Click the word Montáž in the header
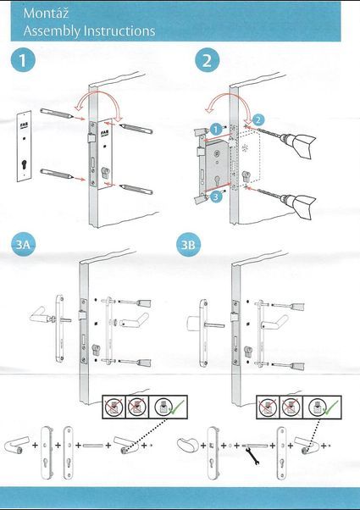(x=46, y=13)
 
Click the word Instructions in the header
(x=119, y=30)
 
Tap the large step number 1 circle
(x=23, y=60)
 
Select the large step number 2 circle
(x=208, y=60)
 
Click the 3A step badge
(x=23, y=244)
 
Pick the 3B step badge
(x=188, y=244)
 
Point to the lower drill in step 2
(x=286, y=202)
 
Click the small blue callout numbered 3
(x=216, y=196)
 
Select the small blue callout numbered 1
(x=216, y=130)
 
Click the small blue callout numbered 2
(x=258, y=120)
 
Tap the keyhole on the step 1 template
(x=24, y=165)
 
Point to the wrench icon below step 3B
(x=252, y=456)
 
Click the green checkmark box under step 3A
(x=168, y=407)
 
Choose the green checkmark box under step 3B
(x=322, y=407)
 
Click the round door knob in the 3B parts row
(x=188, y=444)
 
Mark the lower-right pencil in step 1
(x=136, y=189)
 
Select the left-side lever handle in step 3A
(x=42, y=315)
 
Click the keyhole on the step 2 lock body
(x=217, y=180)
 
